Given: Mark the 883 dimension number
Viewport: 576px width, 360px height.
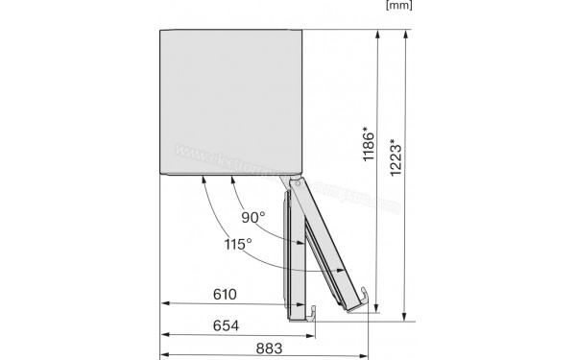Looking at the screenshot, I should click(271, 349).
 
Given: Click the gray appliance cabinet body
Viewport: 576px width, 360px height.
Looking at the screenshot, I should click(231, 101).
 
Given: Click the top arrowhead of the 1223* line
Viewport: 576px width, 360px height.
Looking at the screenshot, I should click(406, 33).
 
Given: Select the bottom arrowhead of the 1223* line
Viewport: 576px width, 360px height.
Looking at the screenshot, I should click(406, 314).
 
